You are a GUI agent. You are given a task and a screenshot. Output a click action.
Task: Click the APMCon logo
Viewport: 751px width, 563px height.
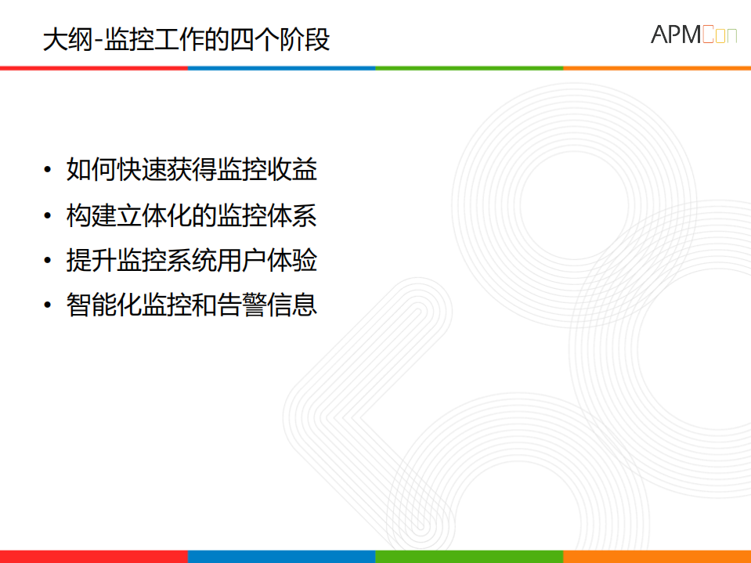[693, 35]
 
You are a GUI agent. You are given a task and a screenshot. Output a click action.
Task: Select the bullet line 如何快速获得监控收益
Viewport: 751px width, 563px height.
[192, 170]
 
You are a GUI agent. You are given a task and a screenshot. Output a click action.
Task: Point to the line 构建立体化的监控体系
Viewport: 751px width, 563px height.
[192, 215]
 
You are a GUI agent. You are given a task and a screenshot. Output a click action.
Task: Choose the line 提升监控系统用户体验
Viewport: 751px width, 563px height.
[192, 261]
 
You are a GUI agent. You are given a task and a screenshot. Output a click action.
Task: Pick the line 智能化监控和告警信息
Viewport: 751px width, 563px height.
[192, 305]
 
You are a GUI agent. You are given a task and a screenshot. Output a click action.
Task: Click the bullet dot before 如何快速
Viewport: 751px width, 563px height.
[49, 170]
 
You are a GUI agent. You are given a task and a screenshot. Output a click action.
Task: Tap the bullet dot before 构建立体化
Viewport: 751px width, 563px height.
[49, 215]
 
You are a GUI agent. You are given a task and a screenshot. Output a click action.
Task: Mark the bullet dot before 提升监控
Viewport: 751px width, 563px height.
[49, 261]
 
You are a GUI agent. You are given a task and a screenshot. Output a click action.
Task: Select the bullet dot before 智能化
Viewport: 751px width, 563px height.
[49, 305]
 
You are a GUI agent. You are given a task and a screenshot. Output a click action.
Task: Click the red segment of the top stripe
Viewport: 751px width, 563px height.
[94, 68]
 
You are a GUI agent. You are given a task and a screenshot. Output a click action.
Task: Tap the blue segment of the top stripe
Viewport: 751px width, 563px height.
[282, 68]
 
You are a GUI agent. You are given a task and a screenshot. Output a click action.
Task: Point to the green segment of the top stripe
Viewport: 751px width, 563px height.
[470, 68]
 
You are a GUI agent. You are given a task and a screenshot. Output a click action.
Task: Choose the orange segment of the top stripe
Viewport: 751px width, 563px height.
[658, 68]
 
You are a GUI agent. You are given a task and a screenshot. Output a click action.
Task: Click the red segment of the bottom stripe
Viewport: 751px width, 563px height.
[94, 557]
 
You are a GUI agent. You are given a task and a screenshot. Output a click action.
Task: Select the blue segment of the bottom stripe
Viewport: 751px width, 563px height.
[282, 557]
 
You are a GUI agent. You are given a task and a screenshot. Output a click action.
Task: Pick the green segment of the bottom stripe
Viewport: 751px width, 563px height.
[470, 557]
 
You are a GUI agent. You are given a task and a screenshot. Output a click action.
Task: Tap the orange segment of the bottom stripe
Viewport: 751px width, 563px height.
[658, 557]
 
